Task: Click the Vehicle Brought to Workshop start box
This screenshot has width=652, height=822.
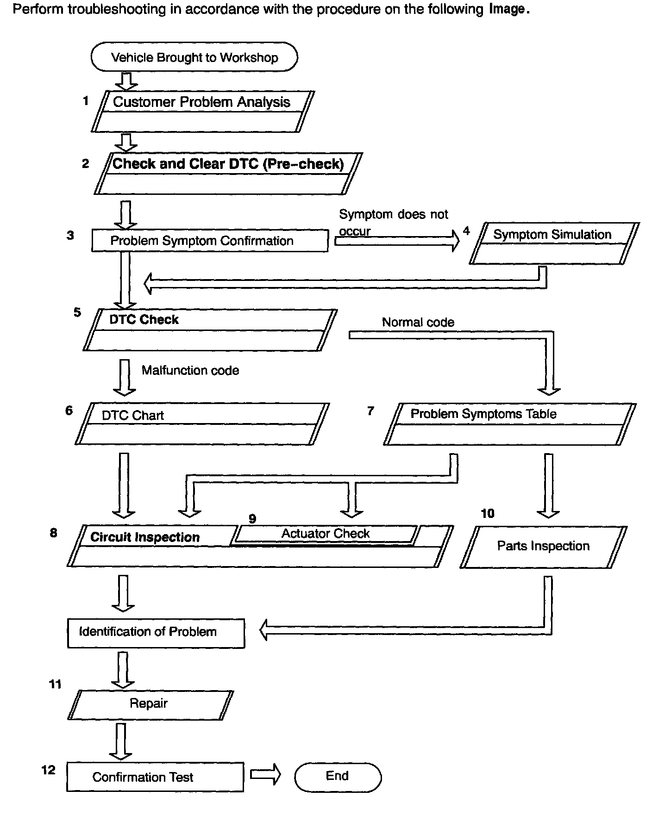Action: click(x=194, y=57)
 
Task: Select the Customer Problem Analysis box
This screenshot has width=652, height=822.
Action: click(x=202, y=111)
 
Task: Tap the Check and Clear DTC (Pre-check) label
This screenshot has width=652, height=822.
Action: click(x=228, y=164)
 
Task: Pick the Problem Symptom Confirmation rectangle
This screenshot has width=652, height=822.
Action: click(x=210, y=241)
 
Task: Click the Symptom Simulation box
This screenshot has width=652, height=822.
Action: click(x=553, y=243)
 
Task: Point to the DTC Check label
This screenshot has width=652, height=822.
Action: click(x=144, y=319)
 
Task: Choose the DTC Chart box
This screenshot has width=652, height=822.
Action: click(x=202, y=424)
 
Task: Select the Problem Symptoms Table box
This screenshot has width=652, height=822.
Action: click(x=509, y=424)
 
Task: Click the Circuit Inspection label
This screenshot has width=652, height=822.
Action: click(x=145, y=537)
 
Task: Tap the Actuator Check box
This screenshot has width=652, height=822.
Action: click(x=326, y=534)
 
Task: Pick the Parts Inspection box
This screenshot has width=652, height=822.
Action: click(x=543, y=546)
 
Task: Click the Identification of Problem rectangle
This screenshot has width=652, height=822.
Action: click(x=156, y=632)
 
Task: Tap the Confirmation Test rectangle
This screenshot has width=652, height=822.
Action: click(x=155, y=777)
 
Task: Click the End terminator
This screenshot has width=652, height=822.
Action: click(x=338, y=776)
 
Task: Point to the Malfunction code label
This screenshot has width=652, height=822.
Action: click(x=190, y=370)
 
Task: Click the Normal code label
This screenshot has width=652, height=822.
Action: click(x=418, y=322)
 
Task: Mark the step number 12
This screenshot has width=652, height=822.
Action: click(x=48, y=770)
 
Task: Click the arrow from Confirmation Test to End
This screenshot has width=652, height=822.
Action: click(x=265, y=774)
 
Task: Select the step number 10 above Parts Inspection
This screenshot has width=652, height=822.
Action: click(x=488, y=513)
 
